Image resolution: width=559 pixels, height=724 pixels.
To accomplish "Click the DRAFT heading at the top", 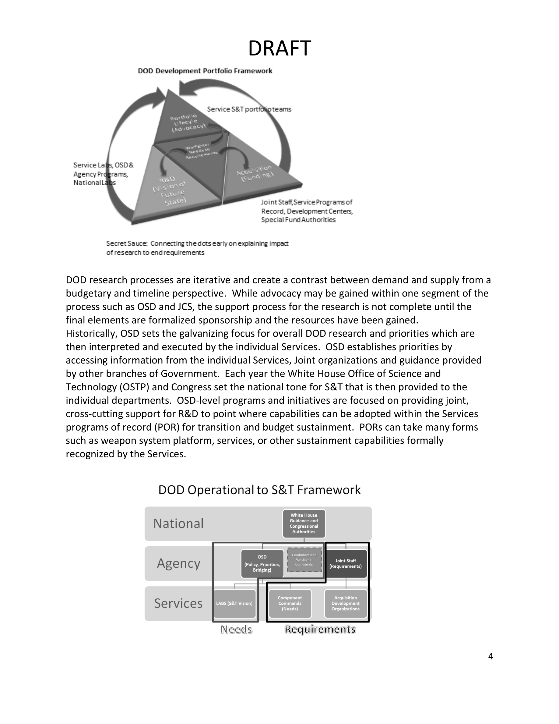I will tap(279, 48).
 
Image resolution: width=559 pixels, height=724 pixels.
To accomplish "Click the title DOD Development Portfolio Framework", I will tap(205, 71).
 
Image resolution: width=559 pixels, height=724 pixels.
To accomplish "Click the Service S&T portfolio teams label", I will tap(249, 109).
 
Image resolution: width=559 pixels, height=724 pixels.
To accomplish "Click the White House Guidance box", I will tap(304, 523).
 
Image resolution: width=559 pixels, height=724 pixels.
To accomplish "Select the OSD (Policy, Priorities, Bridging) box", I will tap(262, 563).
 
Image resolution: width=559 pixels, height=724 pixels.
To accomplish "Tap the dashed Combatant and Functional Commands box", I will tap(304, 560).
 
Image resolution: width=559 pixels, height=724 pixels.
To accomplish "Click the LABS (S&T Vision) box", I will tap(234, 603).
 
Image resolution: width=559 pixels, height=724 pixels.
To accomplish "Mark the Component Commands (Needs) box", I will tap(290, 603).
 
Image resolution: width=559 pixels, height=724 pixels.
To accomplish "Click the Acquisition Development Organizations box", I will tap(345, 603).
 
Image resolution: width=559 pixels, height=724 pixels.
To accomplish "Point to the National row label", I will tap(178, 524).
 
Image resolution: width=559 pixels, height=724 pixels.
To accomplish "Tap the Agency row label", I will tap(178, 563).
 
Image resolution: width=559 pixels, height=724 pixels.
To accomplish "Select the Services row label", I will tap(178, 603).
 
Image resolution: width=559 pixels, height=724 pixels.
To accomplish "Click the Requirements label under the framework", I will tap(320, 629).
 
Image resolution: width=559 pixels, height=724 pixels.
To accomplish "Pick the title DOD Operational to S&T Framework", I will tap(259, 490).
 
